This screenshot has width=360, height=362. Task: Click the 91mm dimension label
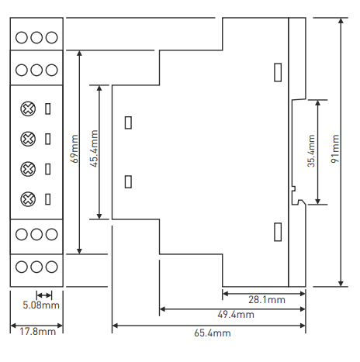[335, 148]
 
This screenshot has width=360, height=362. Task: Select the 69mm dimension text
[74, 149]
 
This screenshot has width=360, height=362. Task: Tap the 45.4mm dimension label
[94, 148]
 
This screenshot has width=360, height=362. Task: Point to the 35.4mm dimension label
[312, 150]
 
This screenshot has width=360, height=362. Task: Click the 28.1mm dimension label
[267, 300]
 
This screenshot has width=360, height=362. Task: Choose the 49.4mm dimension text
[236, 315]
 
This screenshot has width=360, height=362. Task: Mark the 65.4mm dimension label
[213, 333]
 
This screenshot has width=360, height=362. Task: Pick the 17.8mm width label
[37, 332]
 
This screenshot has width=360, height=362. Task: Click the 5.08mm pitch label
[41, 305]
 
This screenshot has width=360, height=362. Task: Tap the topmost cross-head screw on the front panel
[28, 109]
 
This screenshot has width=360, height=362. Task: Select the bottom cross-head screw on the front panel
[28, 199]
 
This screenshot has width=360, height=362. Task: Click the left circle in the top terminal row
[22, 37]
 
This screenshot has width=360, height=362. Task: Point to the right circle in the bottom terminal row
[52, 267]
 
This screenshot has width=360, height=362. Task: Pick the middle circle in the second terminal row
[36, 70]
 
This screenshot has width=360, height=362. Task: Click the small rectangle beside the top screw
[48, 109]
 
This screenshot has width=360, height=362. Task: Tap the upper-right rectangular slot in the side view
[278, 72]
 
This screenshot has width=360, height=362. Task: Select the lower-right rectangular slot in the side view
[278, 232]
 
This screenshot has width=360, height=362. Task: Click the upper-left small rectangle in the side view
[128, 122]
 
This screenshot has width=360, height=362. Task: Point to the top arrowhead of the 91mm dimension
[341, 21]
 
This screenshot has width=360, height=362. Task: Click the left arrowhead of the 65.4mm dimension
[116, 326]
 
